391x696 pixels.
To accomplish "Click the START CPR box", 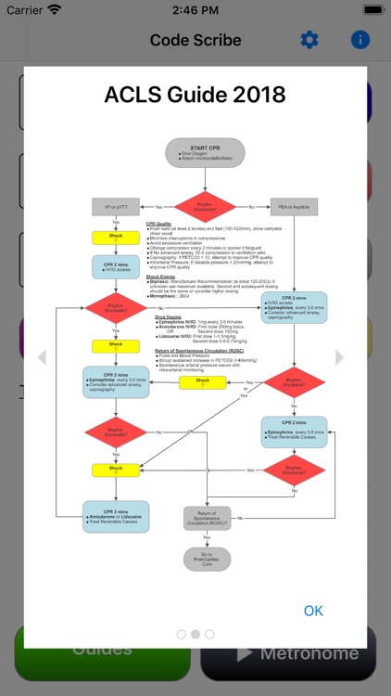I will [x=205, y=152].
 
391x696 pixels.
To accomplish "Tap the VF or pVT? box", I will [x=115, y=206].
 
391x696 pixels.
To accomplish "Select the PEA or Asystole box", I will [x=294, y=206].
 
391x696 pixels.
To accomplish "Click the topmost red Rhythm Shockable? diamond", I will [x=205, y=206].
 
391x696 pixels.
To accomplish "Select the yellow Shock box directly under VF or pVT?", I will [x=115, y=238].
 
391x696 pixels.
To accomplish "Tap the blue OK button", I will [x=314, y=610].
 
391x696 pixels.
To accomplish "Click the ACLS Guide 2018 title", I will [x=195, y=95].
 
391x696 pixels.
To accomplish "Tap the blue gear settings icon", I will [x=309, y=40].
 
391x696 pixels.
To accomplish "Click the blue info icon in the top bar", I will [x=359, y=40].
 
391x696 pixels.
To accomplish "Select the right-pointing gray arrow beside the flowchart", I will [x=339, y=357].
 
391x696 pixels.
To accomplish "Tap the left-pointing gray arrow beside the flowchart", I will [x=41, y=357].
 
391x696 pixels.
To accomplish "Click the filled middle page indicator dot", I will [x=195, y=634].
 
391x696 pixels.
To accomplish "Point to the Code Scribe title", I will [x=195, y=41].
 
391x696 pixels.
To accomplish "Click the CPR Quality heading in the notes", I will [x=158, y=224].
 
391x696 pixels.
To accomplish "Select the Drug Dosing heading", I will [x=168, y=316].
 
